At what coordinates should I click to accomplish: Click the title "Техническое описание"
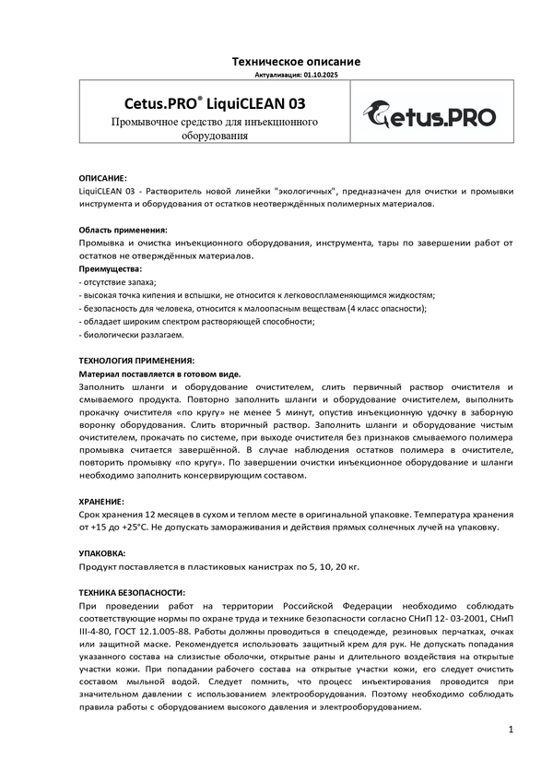[x=295, y=61]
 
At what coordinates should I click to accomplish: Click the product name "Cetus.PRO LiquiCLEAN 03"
[x=215, y=103]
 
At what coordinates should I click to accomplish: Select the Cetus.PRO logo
[x=429, y=115]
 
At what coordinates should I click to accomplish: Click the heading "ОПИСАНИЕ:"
[x=103, y=177]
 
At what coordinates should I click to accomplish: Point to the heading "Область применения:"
[x=123, y=229]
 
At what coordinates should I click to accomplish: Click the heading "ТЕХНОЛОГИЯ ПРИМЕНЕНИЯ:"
[x=136, y=361]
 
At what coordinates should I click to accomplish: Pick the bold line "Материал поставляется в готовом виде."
[x=159, y=374]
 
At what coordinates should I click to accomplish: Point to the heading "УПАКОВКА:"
[x=101, y=552]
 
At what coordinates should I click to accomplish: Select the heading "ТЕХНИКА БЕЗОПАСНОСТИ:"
[x=132, y=592]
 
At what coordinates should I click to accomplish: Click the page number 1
[x=510, y=730]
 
